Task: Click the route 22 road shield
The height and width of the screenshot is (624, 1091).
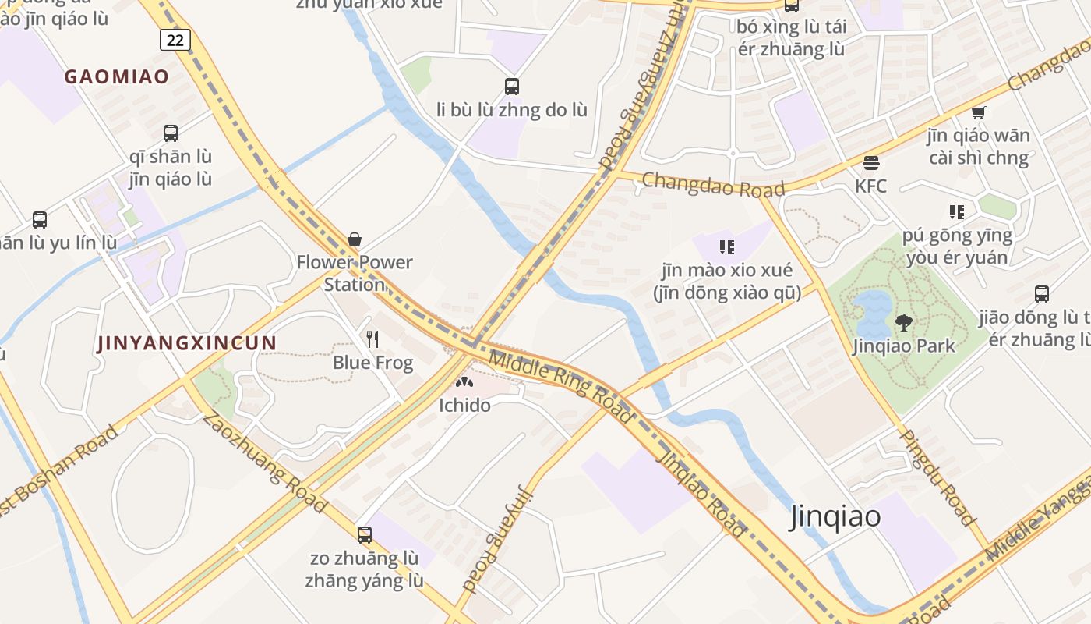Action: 175,39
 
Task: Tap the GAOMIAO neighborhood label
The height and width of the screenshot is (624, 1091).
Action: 117,76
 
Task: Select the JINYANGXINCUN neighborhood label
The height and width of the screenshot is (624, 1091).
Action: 187,343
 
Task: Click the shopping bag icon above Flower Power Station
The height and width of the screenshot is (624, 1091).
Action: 355,239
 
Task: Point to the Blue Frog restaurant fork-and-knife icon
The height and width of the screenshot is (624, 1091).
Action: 372,339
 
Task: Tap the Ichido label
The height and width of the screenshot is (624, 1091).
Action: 464,405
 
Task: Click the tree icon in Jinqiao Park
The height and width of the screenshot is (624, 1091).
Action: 904,321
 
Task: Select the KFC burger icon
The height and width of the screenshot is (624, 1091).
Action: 871,163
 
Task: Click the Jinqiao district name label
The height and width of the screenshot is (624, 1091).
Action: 835,516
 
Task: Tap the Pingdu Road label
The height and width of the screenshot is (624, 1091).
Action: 937,477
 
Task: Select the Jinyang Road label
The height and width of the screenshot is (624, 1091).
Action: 500,540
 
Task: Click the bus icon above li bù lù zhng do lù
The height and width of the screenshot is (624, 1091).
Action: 512,86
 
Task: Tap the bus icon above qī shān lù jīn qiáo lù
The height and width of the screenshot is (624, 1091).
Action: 171,133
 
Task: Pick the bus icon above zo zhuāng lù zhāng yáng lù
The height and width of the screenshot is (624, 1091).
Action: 365,535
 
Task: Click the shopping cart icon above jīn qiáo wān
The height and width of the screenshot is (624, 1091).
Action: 979,112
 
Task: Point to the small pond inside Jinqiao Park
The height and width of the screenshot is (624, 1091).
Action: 873,310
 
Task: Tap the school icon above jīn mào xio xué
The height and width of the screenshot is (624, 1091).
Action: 727,247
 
